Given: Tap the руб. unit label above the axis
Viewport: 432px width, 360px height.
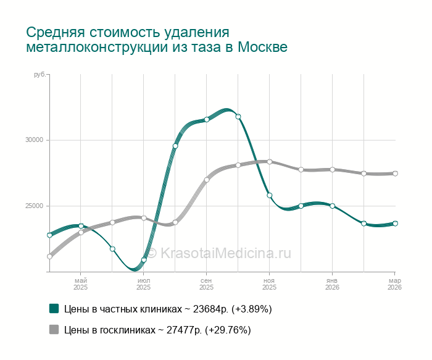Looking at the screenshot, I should click(39, 75).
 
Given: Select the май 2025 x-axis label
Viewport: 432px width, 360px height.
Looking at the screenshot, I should click(81, 284).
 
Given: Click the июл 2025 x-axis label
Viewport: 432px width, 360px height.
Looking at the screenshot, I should click(143, 284).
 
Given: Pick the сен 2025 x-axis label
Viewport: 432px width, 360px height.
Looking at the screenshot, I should click(206, 284).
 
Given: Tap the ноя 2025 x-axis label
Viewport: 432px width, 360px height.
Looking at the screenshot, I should click(269, 284).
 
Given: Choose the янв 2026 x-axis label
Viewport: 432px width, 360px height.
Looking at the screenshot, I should click(332, 284).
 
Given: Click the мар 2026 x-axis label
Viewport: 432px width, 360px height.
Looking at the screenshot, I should click(394, 284).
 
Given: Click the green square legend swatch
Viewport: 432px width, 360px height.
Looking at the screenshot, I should click(54, 309).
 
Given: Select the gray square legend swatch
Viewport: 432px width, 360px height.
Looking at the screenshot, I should click(54, 330).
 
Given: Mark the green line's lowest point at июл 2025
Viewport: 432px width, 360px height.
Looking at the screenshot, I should click(144, 260).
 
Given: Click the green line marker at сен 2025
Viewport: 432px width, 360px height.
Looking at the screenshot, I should click(207, 120).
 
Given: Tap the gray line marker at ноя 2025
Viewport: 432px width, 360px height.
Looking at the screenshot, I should click(270, 162).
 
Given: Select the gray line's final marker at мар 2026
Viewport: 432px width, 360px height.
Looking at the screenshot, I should click(395, 174).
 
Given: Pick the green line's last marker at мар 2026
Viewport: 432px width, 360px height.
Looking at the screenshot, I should click(395, 224).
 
